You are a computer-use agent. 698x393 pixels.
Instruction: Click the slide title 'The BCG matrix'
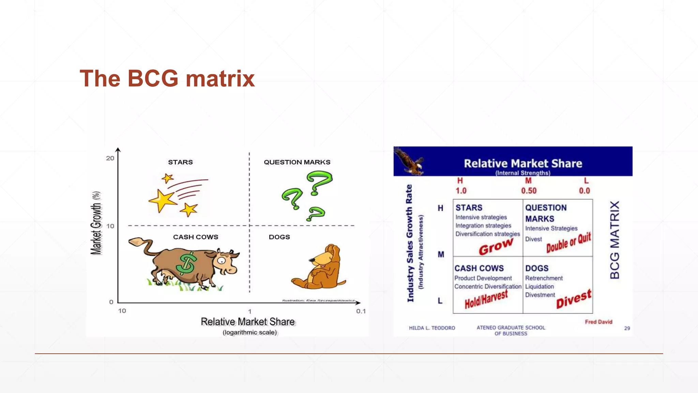(x=167, y=78)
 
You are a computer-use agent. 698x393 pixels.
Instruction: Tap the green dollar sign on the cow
(x=186, y=264)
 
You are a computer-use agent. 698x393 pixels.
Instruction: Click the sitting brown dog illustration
(x=320, y=268)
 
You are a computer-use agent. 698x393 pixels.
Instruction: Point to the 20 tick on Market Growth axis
(x=110, y=158)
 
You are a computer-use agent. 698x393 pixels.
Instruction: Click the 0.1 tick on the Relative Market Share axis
(x=361, y=311)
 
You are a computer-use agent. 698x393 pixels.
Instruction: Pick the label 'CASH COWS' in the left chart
(x=195, y=237)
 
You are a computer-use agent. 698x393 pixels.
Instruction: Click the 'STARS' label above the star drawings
(x=180, y=162)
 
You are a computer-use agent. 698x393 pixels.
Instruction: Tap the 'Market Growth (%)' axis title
(x=96, y=223)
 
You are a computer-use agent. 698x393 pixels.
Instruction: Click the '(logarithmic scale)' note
(x=250, y=333)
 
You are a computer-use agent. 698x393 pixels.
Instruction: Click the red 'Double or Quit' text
(x=568, y=243)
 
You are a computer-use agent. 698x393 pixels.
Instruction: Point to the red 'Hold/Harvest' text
(x=486, y=300)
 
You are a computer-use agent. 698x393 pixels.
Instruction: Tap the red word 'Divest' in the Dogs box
(x=574, y=299)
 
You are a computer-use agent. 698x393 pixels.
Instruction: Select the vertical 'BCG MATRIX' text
(x=614, y=240)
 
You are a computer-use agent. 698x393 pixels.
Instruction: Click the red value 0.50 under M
(x=529, y=191)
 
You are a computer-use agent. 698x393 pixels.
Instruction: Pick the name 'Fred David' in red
(x=598, y=322)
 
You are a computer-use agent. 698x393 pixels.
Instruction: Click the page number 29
(x=627, y=328)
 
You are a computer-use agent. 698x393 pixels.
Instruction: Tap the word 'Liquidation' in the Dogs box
(x=539, y=287)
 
